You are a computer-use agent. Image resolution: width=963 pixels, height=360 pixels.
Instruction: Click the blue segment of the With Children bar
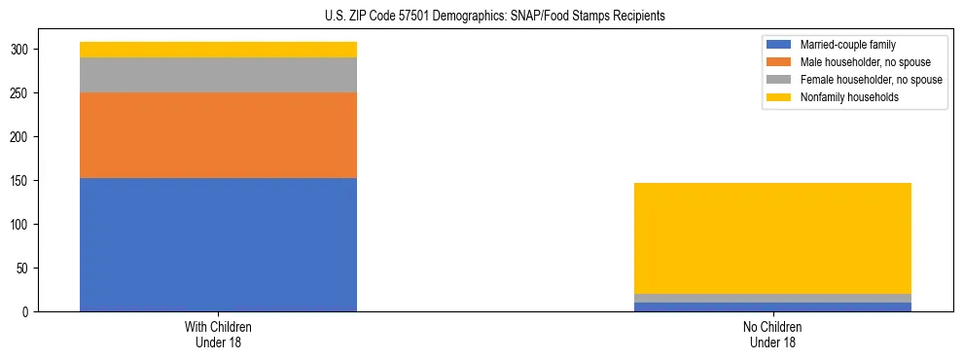tap(218, 244)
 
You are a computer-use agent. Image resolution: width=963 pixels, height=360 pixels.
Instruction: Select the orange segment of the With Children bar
tap(218, 135)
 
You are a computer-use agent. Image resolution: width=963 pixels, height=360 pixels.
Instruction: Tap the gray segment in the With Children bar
tap(218, 75)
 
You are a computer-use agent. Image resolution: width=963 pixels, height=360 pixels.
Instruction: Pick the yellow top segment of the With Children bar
tap(218, 50)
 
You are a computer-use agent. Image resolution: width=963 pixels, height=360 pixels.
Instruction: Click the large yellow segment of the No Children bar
tap(772, 238)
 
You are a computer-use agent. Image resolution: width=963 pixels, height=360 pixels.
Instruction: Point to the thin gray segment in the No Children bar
tap(772, 299)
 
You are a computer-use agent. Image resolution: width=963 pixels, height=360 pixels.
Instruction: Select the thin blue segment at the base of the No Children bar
tap(772, 306)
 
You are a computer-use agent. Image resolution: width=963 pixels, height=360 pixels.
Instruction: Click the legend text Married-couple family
tap(848, 45)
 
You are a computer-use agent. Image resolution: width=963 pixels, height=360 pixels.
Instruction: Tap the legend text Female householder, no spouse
tap(871, 80)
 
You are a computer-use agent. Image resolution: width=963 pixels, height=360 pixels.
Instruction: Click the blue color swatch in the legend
tap(779, 45)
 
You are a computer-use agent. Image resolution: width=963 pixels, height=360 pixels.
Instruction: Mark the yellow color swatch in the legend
tap(779, 97)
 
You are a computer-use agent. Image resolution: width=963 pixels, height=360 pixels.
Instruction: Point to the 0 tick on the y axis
tap(28, 312)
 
